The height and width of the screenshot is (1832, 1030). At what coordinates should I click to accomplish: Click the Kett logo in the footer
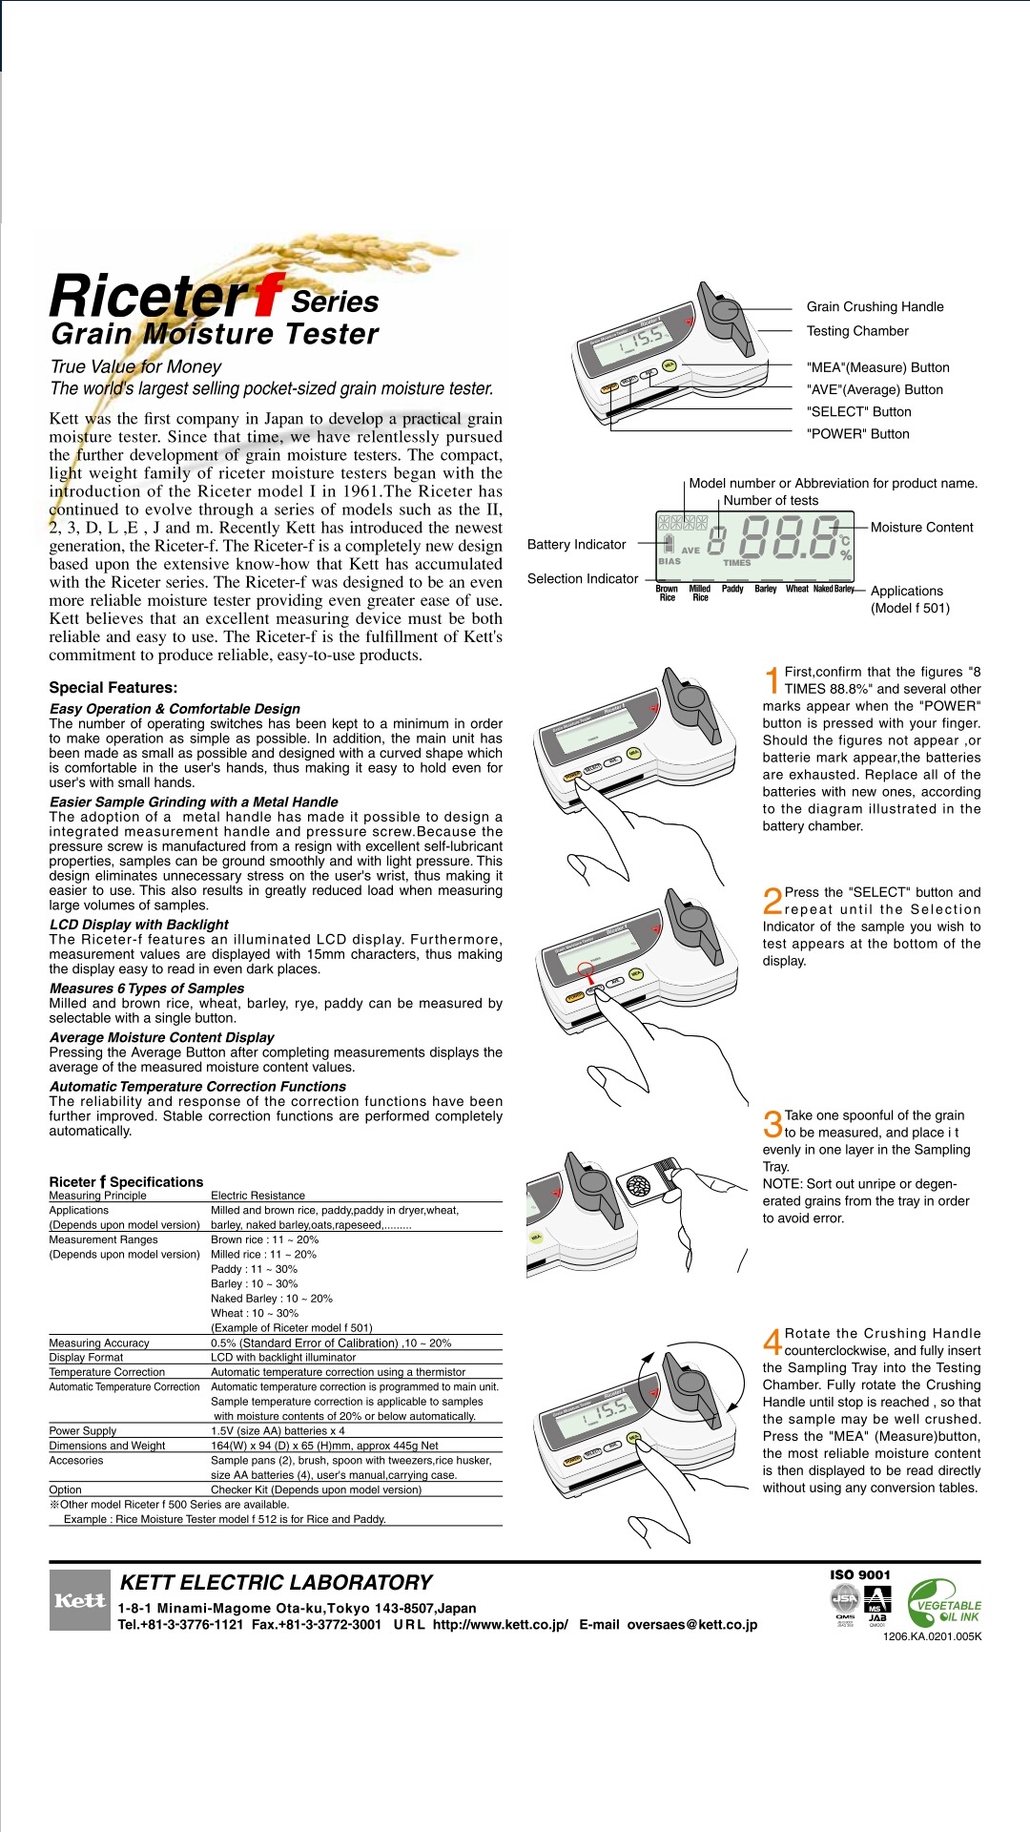[x=79, y=1600]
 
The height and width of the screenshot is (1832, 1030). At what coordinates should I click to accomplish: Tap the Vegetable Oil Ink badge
[x=944, y=1604]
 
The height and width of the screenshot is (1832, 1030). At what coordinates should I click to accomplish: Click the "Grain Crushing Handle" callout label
[x=875, y=306]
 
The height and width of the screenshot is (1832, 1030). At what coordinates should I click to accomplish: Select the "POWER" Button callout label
[x=857, y=434]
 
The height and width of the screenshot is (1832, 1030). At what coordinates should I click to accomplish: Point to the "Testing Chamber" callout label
[x=857, y=331]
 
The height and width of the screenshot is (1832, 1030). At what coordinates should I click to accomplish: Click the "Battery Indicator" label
[x=576, y=545]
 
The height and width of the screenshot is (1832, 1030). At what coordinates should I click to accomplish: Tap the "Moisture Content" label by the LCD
[x=921, y=528]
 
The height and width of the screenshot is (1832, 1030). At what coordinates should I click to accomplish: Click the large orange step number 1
[x=772, y=680]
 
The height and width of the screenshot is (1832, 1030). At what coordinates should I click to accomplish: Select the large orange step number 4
[x=772, y=1342]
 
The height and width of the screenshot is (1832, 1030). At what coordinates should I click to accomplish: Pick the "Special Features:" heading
[x=113, y=687]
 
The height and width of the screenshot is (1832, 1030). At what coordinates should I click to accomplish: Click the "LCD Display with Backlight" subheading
[x=138, y=925]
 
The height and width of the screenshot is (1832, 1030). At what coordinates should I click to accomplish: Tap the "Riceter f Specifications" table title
[x=126, y=1181]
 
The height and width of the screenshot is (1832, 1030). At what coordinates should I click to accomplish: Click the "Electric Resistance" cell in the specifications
[x=257, y=1196]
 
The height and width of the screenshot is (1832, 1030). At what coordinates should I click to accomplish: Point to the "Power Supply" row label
[x=82, y=1431]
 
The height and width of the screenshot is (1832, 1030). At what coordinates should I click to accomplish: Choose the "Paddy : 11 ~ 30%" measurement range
[x=254, y=1269]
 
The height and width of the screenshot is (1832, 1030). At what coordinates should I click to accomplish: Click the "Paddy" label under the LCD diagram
[x=732, y=589]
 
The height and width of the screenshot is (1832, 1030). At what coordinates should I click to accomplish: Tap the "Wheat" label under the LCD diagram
[x=796, y=589]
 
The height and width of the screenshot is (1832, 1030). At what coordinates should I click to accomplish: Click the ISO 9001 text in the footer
[x=859, y=1574]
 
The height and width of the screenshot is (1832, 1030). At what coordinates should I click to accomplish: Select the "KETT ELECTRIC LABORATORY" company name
[x=276, y=1582]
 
